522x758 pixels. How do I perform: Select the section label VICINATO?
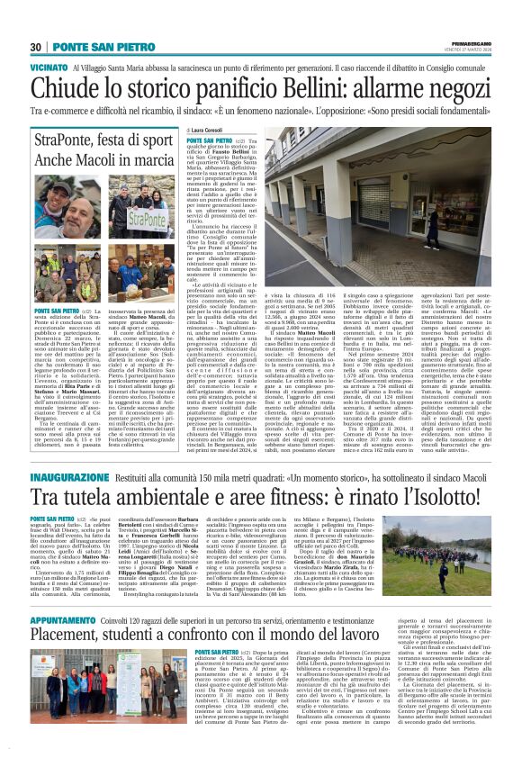(x=49, y=68)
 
